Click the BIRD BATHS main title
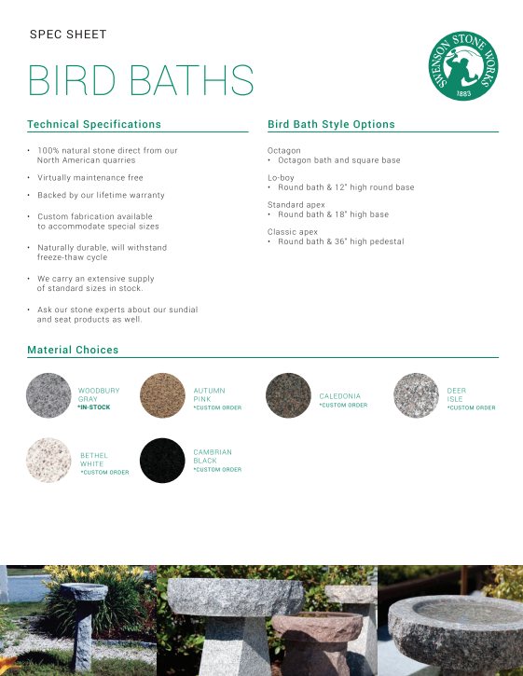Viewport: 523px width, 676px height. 141,81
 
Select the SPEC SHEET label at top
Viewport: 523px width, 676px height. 68,34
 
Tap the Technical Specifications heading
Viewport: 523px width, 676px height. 94,124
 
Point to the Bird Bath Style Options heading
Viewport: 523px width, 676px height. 331,124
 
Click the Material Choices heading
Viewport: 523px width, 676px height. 73,350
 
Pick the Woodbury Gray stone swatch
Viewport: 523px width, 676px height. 49,395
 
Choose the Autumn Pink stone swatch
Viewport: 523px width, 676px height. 162,395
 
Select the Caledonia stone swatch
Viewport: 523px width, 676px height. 289,395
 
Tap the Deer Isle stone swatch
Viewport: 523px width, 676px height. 416,395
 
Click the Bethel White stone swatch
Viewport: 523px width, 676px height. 49,461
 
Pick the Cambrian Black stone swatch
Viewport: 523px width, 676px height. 162,461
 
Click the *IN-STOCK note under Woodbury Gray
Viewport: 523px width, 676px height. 94,407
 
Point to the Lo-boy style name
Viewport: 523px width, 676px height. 281,177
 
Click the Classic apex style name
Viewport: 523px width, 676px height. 293,231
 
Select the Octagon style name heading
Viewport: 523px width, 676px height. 284,150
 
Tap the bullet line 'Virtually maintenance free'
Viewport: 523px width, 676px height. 89,177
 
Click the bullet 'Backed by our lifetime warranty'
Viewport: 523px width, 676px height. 101,195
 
